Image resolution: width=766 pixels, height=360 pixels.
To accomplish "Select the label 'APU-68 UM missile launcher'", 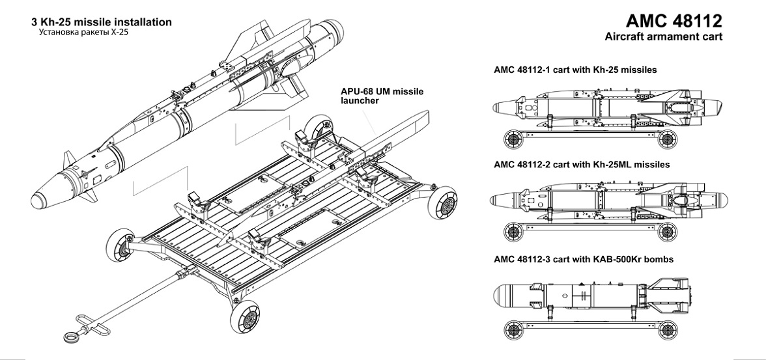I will pos(382,96).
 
